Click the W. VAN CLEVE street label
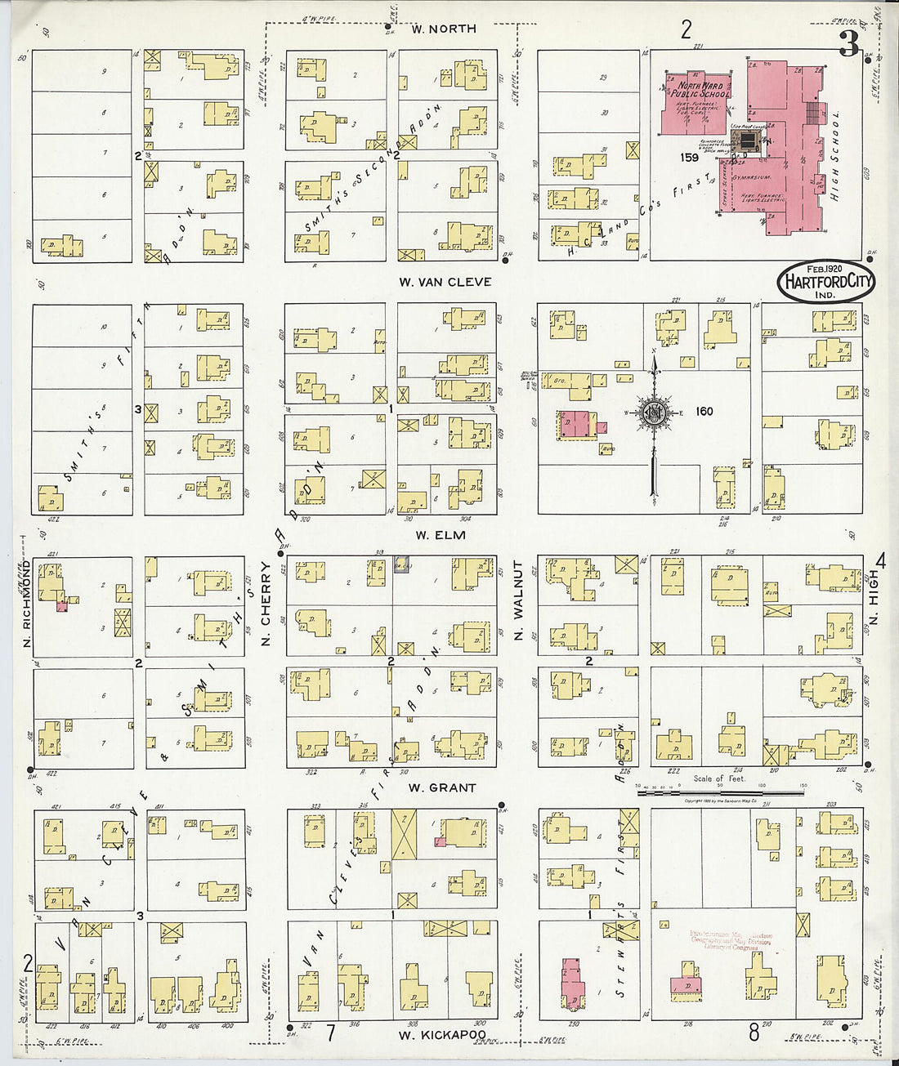(445, 282)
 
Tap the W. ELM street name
(440, 535)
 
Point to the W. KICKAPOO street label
(441, 1035)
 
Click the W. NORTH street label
(443, 29)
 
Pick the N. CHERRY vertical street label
(266, 605)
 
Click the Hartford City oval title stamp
(825, 282)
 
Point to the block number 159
(687, 157)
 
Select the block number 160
(704, 411)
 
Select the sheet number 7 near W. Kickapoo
(331, 1033)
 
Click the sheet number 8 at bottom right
(754, 1033)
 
